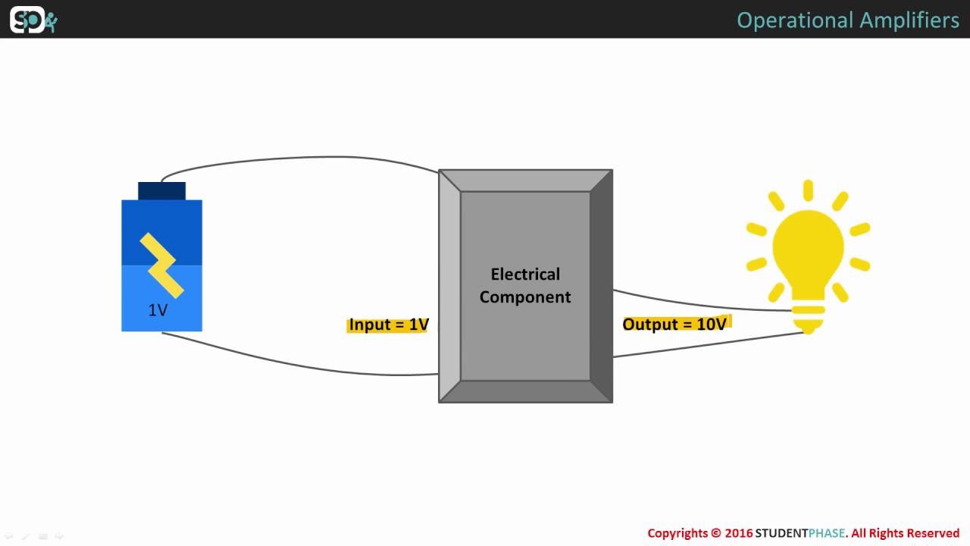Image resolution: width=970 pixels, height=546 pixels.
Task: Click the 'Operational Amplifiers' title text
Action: (847, 20)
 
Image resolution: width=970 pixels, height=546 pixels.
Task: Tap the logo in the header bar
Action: (33, 20)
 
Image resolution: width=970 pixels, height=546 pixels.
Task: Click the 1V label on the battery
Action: (158, 310)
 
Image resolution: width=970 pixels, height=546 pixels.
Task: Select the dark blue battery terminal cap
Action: (161, 190)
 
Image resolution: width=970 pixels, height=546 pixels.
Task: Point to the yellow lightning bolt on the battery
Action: (161, 265)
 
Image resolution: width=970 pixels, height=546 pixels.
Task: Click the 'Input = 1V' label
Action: (389, 325)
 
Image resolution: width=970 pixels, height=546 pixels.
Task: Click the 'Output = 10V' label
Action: (674, 325)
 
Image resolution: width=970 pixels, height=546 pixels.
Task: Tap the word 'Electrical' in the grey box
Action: (525, 274)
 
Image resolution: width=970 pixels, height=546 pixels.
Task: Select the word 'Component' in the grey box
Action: (525, 297)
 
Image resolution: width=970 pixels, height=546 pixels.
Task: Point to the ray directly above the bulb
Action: (808, 190)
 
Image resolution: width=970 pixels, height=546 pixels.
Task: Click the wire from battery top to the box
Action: (303, 158)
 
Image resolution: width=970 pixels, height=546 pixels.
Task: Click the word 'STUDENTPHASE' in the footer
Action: (799, 533)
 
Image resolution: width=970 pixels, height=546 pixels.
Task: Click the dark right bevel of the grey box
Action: (601, 285)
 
